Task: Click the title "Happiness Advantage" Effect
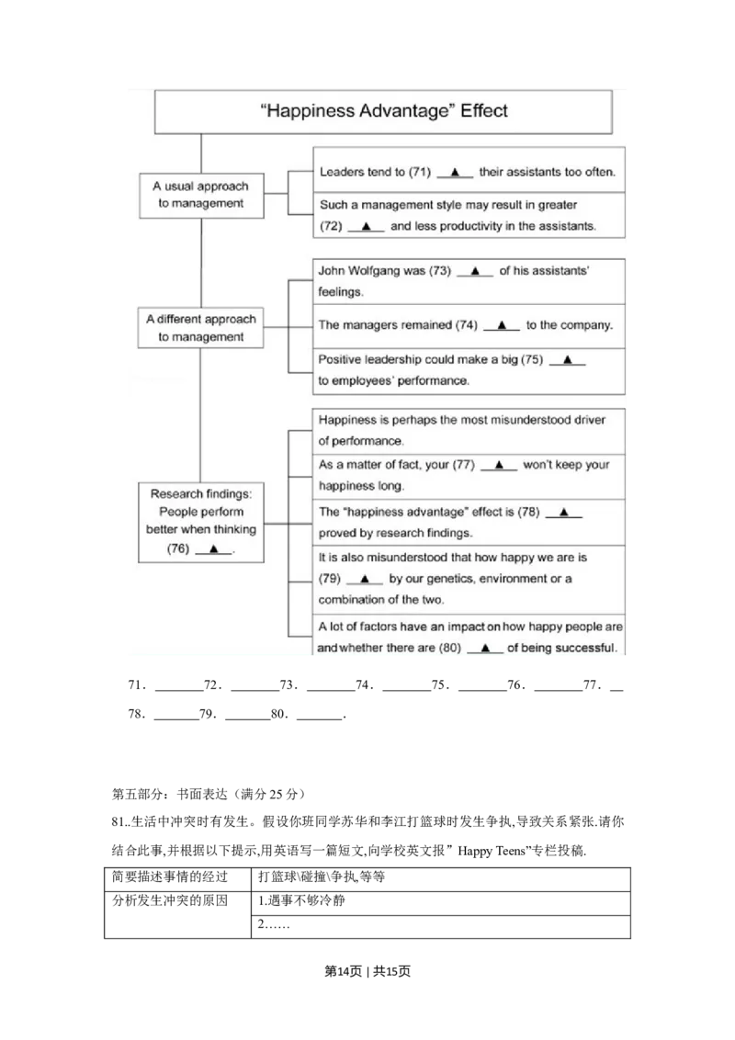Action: [384, 112]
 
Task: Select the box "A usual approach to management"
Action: [200, 195]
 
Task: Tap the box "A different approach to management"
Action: [200, 328]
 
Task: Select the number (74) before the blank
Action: [467, 325]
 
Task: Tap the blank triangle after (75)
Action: [567, 360]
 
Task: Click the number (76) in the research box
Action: [178, 548]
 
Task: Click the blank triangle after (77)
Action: [499, 465]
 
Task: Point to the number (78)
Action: [527, 512]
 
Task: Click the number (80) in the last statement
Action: [448, 649]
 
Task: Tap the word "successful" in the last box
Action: [584, 649]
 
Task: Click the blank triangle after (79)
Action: [365, 579]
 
